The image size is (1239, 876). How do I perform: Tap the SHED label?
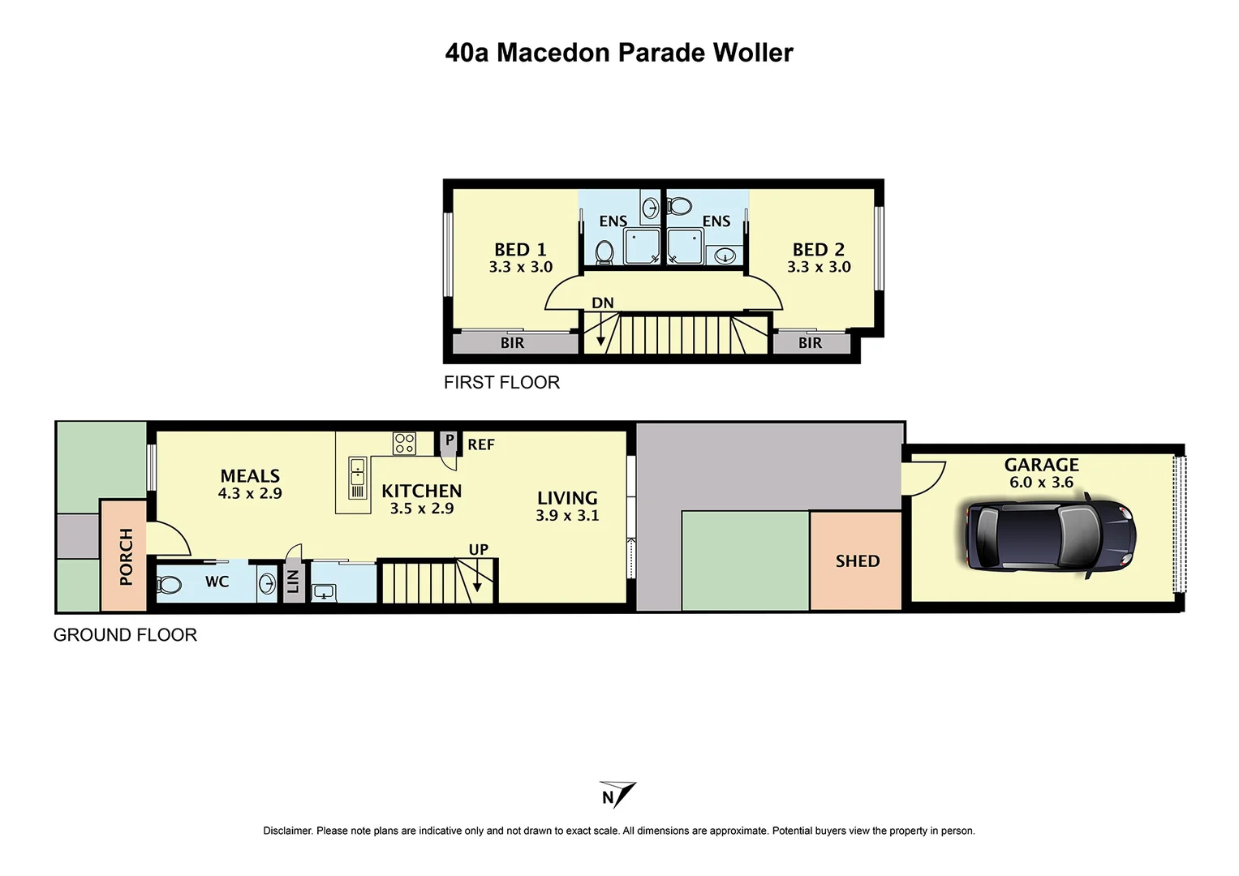[x=858, y=561]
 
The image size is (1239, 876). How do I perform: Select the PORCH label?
[x=126, y=556]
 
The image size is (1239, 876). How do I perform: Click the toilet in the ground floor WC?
[x=170, y=584]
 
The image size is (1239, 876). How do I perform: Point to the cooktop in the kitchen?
[x=404, y=444]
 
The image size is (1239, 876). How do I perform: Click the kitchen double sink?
[x=357, y=479]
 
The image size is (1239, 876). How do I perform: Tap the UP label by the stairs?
[x=479, y=550]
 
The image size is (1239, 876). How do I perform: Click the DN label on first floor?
[x=603, y=303]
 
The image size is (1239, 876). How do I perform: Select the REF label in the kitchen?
[x=481, y=444]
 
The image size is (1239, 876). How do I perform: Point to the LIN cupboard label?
[x=294, y=581]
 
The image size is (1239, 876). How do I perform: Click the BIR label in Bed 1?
[x=512, y=343]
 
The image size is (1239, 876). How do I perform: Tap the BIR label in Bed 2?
[x=810, y=343]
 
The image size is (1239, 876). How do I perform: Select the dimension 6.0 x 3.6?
[x=1041, y=483]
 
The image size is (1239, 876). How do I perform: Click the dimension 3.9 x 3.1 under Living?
[x=567, y=516]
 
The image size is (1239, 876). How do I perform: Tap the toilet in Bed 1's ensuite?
[x=604, y=252]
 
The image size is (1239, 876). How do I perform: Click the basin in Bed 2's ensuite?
[x=724, y=256]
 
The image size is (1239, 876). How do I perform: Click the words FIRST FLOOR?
[x=501, y=383]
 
